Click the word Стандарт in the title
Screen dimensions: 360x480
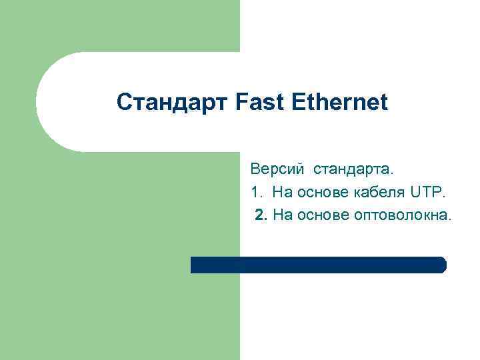(x=173, y=103)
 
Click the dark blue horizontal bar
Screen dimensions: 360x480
(x=318, y=265)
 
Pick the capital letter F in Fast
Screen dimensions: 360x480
(x=241, y=103)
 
